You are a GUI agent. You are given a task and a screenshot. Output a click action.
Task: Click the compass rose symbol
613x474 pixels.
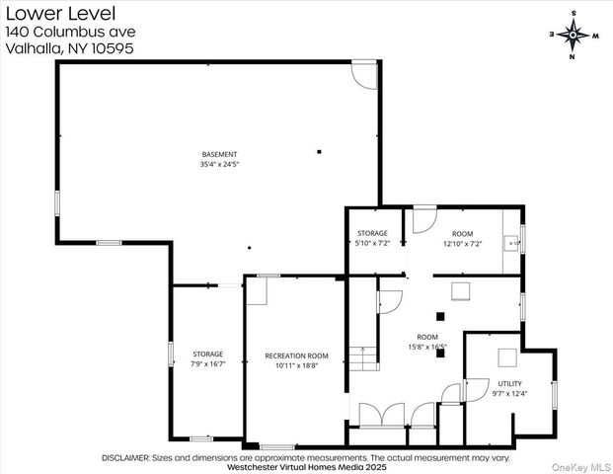click(574, 35)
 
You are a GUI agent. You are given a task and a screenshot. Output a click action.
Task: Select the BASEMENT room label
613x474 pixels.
click(219, 154)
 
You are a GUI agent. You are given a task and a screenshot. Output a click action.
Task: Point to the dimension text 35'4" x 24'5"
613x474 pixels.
click(219, 164)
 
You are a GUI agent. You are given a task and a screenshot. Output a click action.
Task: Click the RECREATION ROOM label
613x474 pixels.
click(296, 355)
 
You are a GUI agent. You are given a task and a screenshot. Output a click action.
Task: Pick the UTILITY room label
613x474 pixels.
click(509, 383)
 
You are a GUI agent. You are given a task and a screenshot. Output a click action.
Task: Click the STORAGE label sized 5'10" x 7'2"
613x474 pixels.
click(372, 233)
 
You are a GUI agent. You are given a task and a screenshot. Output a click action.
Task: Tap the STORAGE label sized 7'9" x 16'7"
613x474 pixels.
click(207, 354)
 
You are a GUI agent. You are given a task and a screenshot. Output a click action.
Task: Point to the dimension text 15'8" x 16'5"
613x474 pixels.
click(427, 347)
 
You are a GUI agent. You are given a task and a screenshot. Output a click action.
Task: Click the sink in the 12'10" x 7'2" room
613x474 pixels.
click(511, 241)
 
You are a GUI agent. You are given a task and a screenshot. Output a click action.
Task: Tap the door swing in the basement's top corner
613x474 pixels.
click(364, 75)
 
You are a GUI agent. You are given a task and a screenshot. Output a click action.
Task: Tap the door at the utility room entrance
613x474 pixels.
click(451, 393)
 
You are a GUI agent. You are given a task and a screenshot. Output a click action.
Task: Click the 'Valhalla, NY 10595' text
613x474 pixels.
click(69, 48)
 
